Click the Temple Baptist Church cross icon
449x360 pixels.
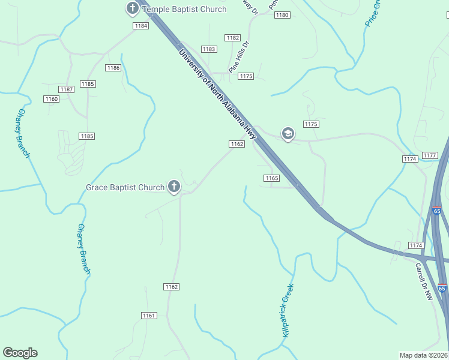[x=132, y=8]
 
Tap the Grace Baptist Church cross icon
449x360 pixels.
[x=174, y=187]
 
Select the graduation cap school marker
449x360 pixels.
[x=288, y=133]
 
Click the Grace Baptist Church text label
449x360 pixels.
[x=125, y=187]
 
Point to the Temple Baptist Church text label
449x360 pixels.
[x=184, y=9]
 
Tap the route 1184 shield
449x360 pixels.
[x=141, y=26]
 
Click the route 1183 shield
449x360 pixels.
[x=209, y=49]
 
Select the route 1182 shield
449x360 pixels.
[x=233, y=38]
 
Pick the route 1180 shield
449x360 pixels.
[x=282, y=14]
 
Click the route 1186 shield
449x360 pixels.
[x=113, y=68]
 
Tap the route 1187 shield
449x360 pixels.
[x=67, y=89]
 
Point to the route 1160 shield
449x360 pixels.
[x=52, y=99]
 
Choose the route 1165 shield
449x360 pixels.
[x=271, y=178]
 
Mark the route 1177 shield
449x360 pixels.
[x=430, y=155]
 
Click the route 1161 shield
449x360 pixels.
[x=149, y=316]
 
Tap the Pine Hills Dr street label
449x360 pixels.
[x=238, y=57]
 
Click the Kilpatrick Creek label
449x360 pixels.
[x=288, y=310]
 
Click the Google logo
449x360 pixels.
[x=20, y=353]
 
